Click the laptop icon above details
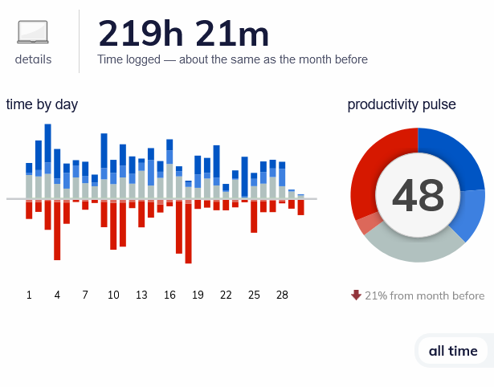pos(33,32)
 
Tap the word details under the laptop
pos(33,59)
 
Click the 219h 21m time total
pos(183,34)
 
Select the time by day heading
pos(42,104)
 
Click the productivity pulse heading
pos(402,104)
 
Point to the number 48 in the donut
pos(418,195)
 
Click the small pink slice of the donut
pos(367,223)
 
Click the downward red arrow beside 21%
pos(356,295)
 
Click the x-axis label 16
pos(169,295)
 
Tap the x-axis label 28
pos(282,295)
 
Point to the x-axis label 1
pos(29,295)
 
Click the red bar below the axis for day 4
pos(57,230)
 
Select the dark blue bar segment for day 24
pos(244,177)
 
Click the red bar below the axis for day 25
pos(254,217)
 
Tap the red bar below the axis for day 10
pos(113,226)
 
